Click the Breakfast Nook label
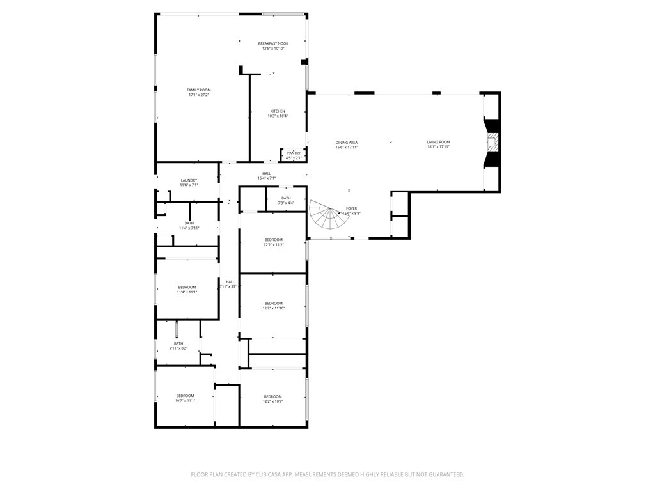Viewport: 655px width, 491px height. pyautogui.click(x=273, y=43)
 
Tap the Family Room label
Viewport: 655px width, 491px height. pyautogui.click(x=198, y=90)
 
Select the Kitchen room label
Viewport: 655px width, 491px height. pyautogui.click(x=278, y=111)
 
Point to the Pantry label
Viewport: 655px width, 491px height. pyautogui.click(x=294, y=153)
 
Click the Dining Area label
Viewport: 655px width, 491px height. pyautogui.click(x=346, y=143)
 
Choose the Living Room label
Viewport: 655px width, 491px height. pyautogui.click(x=438, y=142)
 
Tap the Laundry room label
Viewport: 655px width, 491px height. pyautogui.click(x=189, y=180)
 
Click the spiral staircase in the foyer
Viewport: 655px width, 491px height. pyautogui.click(x=329, y=216)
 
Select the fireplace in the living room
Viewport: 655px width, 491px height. pyautogui.click(x=492, y=142)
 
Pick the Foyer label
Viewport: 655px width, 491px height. pyautogui.click(x=351, y=208)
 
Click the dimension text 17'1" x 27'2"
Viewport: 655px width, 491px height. pyautogui.click(x=198, y=95)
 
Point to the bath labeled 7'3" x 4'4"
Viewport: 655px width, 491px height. pyautogui.click(x=285, y=200)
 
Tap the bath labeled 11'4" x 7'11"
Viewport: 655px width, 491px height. pyautogui.click(x=189, y=225)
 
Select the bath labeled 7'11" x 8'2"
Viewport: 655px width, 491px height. pyautogui.click(x=178, y=345)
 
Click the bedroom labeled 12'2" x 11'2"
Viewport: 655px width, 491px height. pyautogui.click(x=273, y=242)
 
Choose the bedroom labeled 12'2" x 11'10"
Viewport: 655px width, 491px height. pyautogui.click(x=273, y=306)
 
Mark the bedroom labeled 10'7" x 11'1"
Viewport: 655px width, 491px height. pyautogui.click(x=185, y=398)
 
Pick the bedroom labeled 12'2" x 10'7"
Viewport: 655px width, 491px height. pyautogui.click(x=272, y=399)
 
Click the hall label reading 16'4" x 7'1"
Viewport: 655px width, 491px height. pyautogui.click(x=266, y=176)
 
